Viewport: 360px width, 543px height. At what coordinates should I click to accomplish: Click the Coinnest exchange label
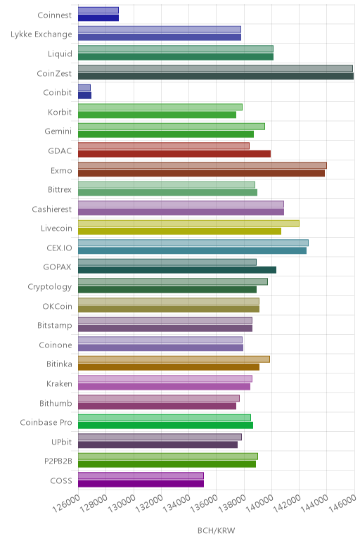pos(54,15)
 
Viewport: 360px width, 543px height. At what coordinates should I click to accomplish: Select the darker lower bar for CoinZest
pos(216,76)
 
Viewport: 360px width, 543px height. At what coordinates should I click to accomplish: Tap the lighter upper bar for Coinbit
pos(84,88)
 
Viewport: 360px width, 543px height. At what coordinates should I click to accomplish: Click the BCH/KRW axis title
pos(216,530)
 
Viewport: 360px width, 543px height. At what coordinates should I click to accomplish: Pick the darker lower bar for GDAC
pos(174,154)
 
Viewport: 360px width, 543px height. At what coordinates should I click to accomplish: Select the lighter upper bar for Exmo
pos(202,165)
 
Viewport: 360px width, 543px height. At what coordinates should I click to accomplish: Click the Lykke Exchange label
pos(41,34)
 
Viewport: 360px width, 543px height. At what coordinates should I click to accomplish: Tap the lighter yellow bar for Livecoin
pos(188,224)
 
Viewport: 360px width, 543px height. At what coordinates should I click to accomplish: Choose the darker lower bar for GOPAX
pos(177,270)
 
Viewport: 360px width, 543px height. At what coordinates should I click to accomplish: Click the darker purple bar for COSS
pos(141,483)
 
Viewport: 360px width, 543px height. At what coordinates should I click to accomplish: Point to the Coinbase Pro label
pos(46,423)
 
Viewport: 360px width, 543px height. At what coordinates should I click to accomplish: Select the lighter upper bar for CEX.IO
pos(193,243)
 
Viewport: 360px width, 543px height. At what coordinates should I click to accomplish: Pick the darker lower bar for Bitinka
pos(169,367)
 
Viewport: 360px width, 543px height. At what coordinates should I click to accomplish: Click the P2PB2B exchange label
pos(58,461)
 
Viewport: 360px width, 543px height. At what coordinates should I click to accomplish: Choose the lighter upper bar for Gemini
pos(172,127)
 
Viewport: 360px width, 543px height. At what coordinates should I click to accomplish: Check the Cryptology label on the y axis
pos(50,287)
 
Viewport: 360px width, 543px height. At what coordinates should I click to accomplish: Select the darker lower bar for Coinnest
pos(98,18)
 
